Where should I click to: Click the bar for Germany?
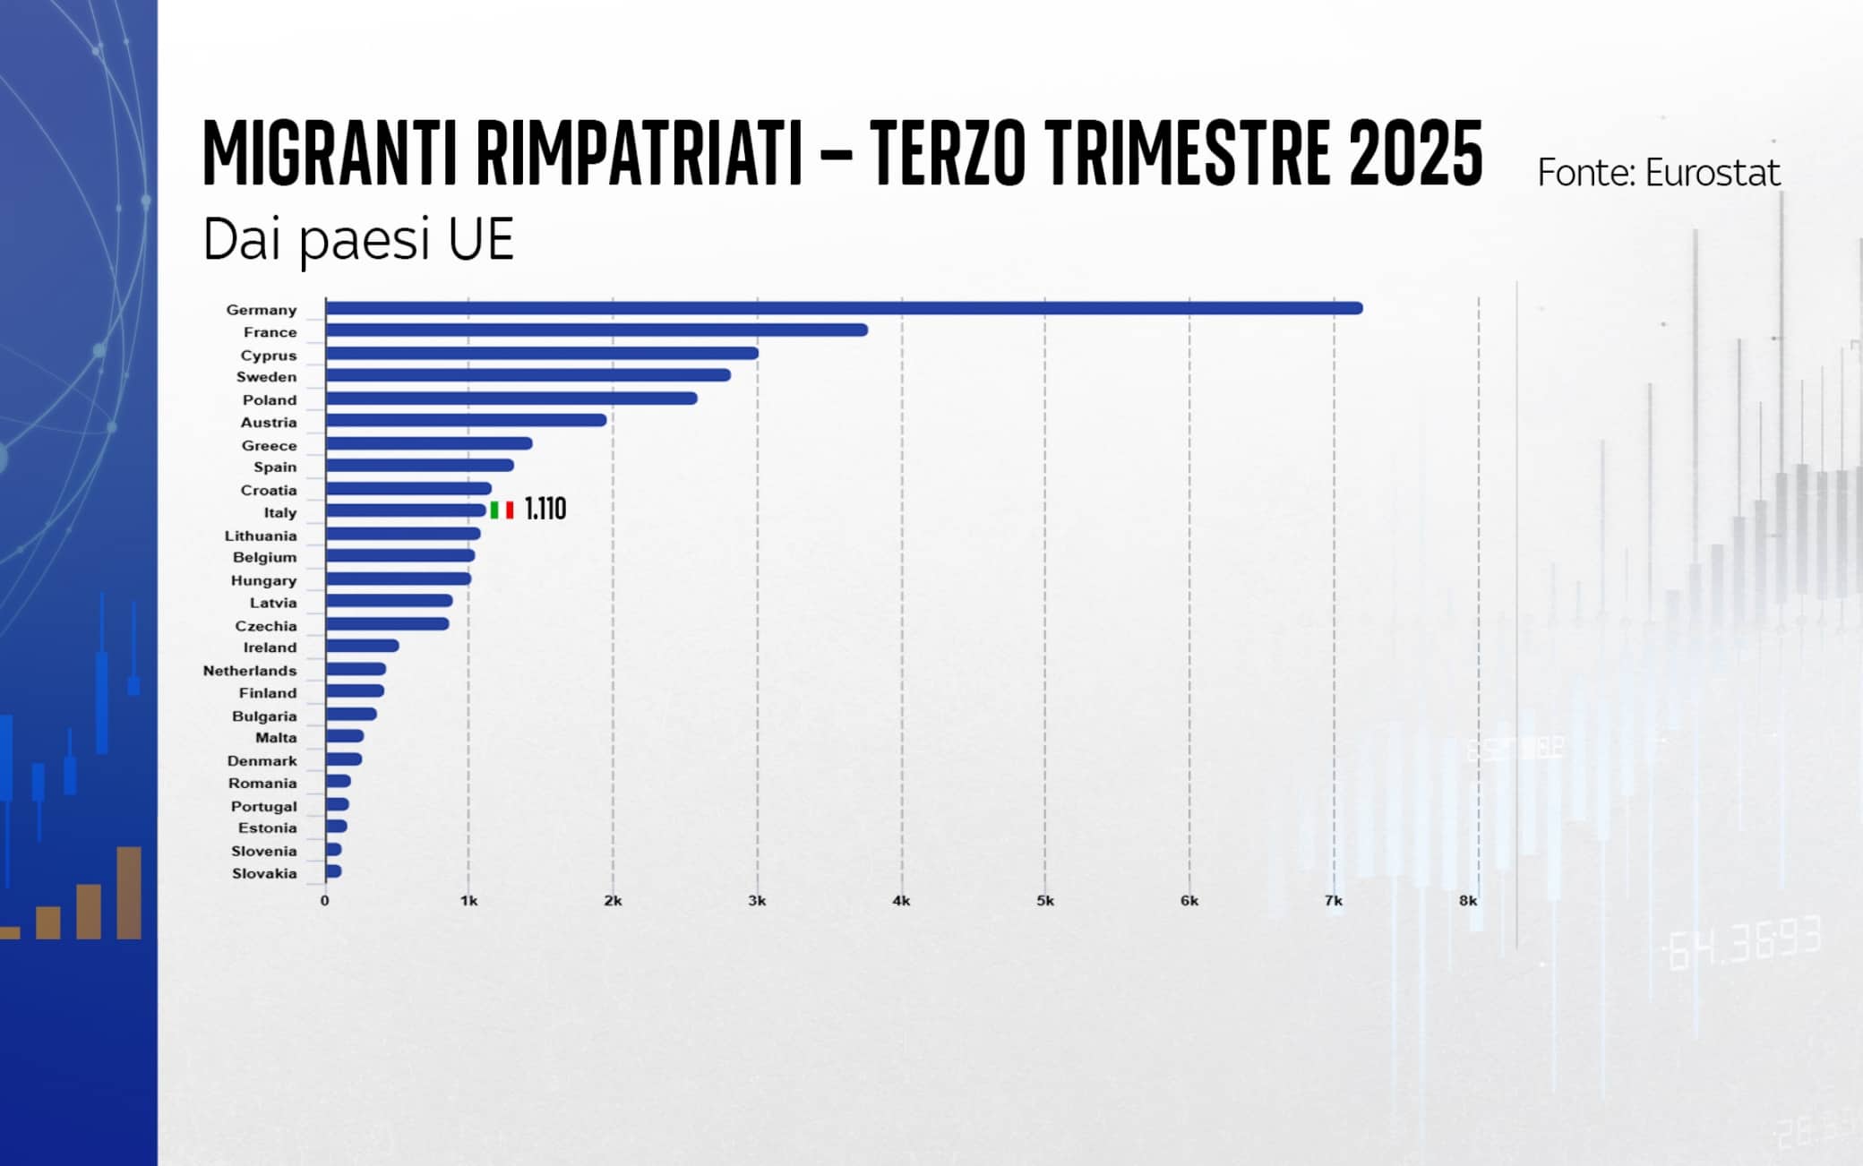coord(842,308)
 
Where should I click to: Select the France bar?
coord(596,330)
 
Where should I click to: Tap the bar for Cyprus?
coord(541,353)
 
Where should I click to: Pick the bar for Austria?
coord(466,420)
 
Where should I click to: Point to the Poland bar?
coord(511,399)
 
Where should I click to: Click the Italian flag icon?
coord(502,510)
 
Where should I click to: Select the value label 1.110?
coord(545,510)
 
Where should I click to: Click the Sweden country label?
coord(266,377)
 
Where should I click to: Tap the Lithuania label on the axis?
coord(260,536)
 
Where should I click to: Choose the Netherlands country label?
coord(249,671)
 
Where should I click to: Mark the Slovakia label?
coord(263,873)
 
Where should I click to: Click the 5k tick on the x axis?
coord(1045,901)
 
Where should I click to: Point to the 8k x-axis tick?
coord(1468,901)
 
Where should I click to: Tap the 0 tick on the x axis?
coord(324,901)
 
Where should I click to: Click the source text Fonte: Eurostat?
coord(1658,173)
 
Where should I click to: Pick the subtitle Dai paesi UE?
coord(358,239)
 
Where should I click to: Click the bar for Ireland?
coord(362,646)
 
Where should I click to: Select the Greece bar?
coord(428,443)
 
